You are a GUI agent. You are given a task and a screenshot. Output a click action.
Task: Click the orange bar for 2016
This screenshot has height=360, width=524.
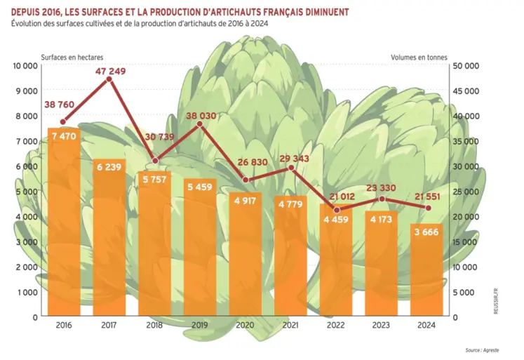click(x=64, y=225)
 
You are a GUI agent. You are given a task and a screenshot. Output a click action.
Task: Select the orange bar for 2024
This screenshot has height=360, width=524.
click(x=427, y=274)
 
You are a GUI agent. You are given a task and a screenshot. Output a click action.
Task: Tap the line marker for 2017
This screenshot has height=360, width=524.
click(x=109, y=79)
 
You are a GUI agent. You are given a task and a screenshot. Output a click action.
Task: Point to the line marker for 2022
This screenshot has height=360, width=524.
click(x=337, y=210)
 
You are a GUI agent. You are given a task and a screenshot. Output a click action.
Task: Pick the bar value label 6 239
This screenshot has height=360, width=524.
click(x=109, y=167)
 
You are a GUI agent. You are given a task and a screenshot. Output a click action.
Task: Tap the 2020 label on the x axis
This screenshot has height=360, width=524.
click(x=246, y=326)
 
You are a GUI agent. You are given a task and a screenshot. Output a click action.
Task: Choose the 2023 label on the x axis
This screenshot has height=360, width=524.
click(x=382, y=326)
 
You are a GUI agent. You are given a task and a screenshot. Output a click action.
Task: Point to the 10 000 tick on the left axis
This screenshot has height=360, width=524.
click(x=25, y=66)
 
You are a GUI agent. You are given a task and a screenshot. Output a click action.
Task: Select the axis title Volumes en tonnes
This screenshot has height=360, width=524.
click(x=418, y=57)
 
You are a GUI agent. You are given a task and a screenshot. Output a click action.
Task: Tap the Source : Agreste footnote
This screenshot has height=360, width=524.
click(x=482, y=349)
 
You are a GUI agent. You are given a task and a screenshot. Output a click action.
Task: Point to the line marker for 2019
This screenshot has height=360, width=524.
click(x=200, y=124)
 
